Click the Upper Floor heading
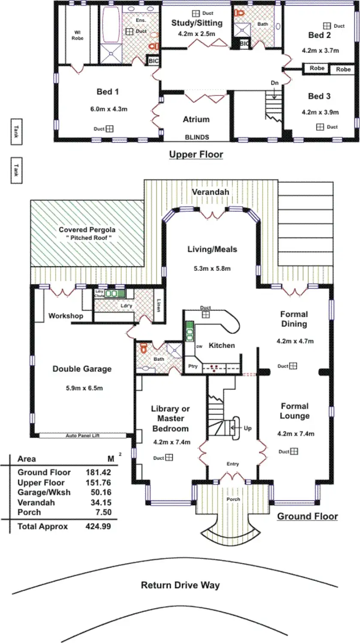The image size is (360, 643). click(196, 154)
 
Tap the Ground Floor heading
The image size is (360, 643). click(307, 516)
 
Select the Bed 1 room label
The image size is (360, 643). click(108, 92)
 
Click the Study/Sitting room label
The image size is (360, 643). click(197, 23)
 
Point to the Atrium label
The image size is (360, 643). click(196, 120)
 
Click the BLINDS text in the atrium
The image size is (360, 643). click(197, 137)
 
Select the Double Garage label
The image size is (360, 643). click(82, 369)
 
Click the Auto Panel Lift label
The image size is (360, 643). click(83, 436)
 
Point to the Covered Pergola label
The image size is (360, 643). click(87, 230)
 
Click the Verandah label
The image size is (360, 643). click(210, 192)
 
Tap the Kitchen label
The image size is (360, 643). click(222, 345)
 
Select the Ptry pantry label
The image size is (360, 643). click(193, 367)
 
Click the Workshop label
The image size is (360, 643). click(66, 316)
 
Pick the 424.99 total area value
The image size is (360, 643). click(98, 526)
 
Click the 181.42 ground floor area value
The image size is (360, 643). click(98, 472)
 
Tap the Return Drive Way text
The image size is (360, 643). click(180, 585)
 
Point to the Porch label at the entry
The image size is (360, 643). click(233, 499)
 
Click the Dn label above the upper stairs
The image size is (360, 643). click(274, 83)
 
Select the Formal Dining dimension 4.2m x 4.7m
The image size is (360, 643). click(295, 341)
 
